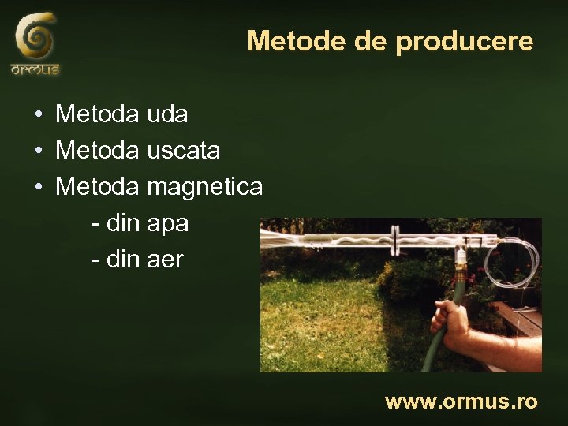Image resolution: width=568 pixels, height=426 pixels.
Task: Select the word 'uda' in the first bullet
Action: [167, 114]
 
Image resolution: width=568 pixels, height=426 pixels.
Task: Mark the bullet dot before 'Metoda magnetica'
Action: [39, 188]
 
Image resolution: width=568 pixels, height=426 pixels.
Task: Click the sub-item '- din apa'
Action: [140, 223]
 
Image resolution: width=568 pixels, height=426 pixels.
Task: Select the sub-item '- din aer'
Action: [137, 259]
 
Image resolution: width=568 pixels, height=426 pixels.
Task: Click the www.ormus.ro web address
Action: [461, 402]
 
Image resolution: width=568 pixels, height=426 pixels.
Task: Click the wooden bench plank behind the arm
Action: [521, 315]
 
